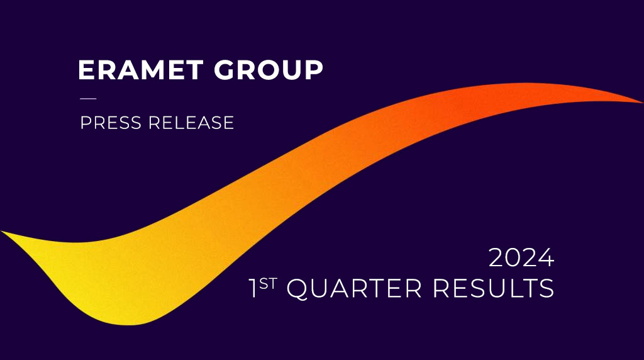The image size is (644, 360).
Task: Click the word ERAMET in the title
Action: point(140,69)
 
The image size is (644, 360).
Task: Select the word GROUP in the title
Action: point(269,69)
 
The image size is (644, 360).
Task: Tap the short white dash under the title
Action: point(88,99)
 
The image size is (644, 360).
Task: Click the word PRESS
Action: point(111,123)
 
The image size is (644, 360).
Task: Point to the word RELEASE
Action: point(191,123)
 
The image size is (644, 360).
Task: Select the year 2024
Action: point(521,257)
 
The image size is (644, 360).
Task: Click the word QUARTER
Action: point(354,288)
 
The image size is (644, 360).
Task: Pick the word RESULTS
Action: point(493,288)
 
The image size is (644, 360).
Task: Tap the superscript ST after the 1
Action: point(268,284)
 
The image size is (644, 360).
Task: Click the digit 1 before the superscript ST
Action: point(253,288)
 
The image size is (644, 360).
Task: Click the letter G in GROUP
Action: point(225,69)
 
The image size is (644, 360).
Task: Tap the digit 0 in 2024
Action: point(513,257)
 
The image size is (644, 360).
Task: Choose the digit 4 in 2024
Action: point(547,257)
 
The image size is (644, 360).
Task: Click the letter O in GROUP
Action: point(270,69)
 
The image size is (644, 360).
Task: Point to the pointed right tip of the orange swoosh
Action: point(642,103)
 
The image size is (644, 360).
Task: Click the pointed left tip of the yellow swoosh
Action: point(2,232)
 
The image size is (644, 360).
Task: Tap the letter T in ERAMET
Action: point(194,69)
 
